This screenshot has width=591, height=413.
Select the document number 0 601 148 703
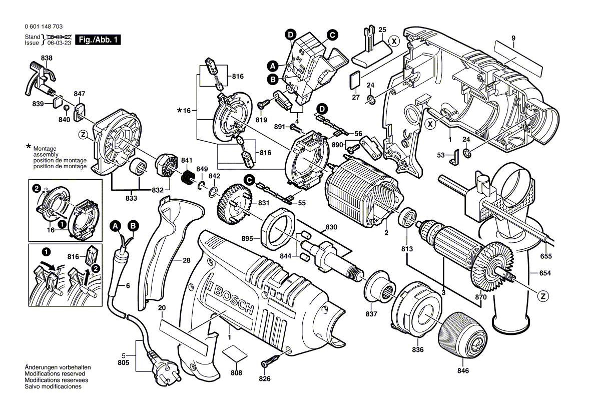click(x=43, y=27)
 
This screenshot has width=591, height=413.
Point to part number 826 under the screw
click(x=264, y=379)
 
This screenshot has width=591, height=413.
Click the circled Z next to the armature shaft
click(x=541, y=296)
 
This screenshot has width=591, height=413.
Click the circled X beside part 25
click(x=394, y=42)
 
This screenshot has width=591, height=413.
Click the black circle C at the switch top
click(x=331, y=35)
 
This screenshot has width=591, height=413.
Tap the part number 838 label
click(x=47, y=59)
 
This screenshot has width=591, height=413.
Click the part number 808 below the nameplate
click(x=236, y=373)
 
